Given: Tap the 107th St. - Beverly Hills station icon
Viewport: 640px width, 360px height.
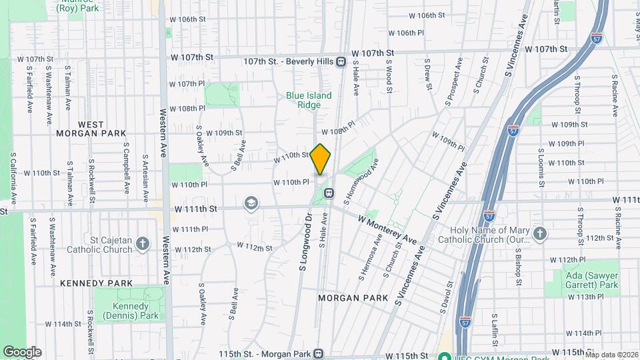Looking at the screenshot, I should point(341,62).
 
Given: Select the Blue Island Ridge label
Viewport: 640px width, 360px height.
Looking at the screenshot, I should point(309,100).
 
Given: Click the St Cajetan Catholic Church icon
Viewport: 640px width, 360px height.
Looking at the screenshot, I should point(143,243).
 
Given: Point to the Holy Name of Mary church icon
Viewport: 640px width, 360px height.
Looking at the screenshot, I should point(539,234).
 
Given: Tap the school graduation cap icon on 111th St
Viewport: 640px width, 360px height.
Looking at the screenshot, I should point(251,203).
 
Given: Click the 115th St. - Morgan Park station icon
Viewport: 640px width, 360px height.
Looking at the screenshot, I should point(319,353).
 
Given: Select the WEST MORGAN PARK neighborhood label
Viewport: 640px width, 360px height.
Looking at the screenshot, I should point(91,129).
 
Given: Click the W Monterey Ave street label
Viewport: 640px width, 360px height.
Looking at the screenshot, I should point(387,229).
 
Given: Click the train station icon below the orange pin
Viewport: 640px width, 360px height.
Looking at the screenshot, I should point(329,193).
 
